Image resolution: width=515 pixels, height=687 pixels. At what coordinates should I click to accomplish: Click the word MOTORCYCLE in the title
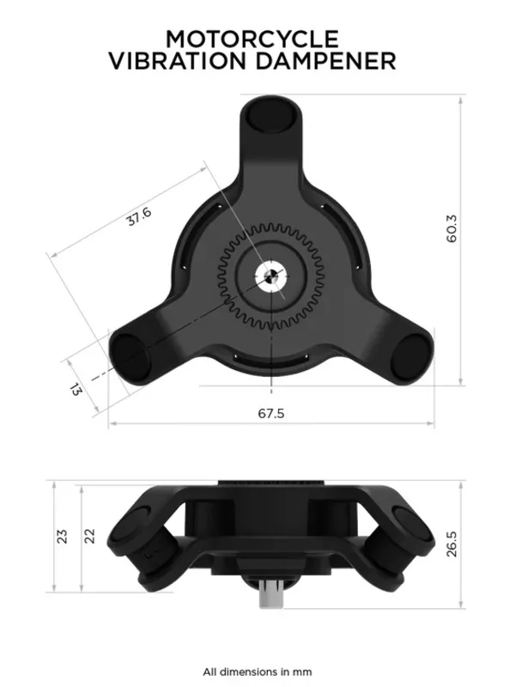click(252, 39)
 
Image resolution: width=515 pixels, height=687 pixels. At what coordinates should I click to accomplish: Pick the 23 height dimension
click(62, 536)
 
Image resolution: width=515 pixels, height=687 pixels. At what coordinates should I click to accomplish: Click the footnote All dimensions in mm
click(257, 672)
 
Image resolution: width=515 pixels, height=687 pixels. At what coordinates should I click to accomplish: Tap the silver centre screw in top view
click(270, 280)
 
